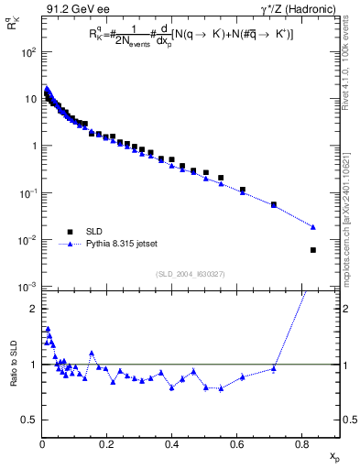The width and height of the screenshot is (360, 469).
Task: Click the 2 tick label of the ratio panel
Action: (x=33, y=309)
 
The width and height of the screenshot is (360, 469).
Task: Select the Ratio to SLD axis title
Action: (x=14, y=376)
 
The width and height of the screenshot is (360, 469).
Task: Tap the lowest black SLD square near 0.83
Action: (x=313, y=249)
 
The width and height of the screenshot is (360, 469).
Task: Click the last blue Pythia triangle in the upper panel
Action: (x=313, y=227)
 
